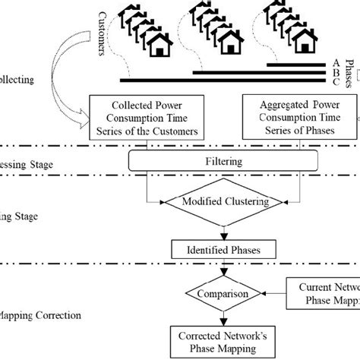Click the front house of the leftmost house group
click(x=160, y=47)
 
